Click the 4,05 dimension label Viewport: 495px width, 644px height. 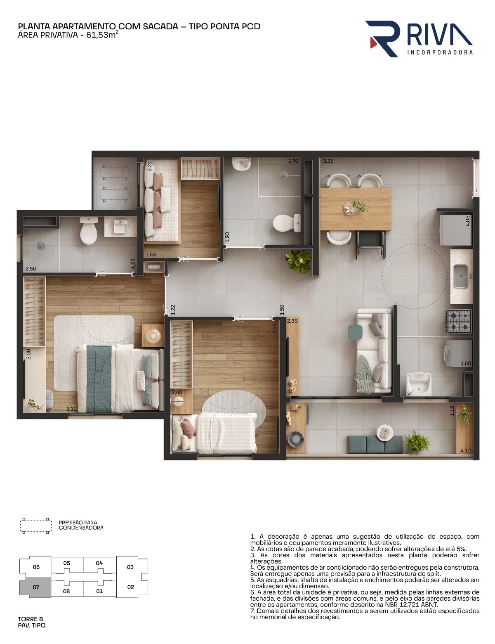[467, 221]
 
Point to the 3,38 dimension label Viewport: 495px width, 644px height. [328, 161]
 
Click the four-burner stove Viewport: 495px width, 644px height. [459, 321]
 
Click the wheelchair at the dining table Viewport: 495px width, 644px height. [370, 244]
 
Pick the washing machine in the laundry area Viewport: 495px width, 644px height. [457, 353]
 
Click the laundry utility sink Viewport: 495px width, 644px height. [418, 384]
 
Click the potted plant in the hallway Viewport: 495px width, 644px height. [298, 261]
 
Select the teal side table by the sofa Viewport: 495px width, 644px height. [355, 332]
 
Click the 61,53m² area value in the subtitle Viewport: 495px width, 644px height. [102, 35]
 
